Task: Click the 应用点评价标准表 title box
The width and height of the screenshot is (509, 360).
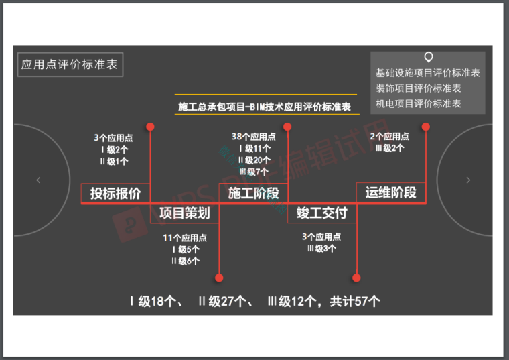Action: click(x=70, y=65)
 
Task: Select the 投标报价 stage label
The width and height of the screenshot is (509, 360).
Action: click(x=116, y=193)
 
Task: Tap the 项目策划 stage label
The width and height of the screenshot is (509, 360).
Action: click(x=185, y=213)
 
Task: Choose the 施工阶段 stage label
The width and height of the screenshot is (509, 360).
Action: click(x=253, y=193)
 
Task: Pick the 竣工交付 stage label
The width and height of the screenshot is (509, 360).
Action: click(x=322, y=213)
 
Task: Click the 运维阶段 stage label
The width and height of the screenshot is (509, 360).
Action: click(x=391, y=192)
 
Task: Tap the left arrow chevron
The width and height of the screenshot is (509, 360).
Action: click(x=38, y=180)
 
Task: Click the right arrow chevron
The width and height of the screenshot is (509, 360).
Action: click(x=468, y=180)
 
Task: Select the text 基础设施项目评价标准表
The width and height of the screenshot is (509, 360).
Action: click(x=428, y=73)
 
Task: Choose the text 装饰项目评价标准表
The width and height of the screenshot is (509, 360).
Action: click(x=419, y=88)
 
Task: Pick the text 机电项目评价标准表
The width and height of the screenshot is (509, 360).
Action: click(x=419, y=104)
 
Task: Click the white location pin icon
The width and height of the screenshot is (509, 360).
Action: click(x=428, y=58)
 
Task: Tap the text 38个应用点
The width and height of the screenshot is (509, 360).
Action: click(x=253, y=137)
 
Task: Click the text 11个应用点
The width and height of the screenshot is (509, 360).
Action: click(x=185, y=238)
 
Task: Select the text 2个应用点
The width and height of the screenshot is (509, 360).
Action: click(x=390, y=136)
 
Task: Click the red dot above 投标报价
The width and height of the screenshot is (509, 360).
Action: click(x=151, y=126)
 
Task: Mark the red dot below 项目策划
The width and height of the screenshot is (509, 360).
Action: click(x=219, y=277)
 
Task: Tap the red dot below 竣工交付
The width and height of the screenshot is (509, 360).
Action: click(x=356, y=277)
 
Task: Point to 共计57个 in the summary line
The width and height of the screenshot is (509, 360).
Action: click(x=354, y=301)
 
